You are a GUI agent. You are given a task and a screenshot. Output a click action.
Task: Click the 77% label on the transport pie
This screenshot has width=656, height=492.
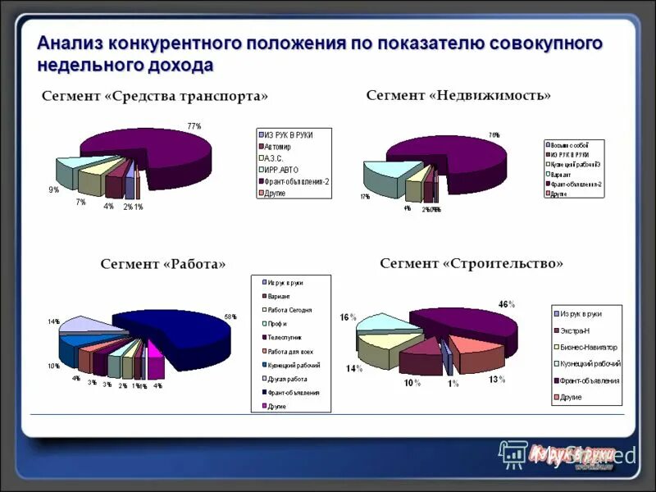tap(194, 125)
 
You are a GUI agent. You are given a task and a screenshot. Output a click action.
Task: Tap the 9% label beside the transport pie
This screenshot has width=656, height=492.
tap(53, 189)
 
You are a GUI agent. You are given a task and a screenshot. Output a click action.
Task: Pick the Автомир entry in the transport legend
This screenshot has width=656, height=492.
tap(279, 146)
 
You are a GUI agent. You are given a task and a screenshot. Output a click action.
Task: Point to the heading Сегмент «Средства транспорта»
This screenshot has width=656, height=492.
tap(155, 97)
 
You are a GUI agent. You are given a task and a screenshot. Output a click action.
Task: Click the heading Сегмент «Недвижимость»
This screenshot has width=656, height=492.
tap(458, 96)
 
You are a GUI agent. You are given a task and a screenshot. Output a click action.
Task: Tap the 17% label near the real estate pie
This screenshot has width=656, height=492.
tap(364, 197)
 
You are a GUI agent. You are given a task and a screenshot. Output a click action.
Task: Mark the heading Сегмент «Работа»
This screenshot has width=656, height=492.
tap(162, 263)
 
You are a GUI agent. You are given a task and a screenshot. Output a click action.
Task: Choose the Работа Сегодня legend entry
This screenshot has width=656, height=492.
tap(289, 309)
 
